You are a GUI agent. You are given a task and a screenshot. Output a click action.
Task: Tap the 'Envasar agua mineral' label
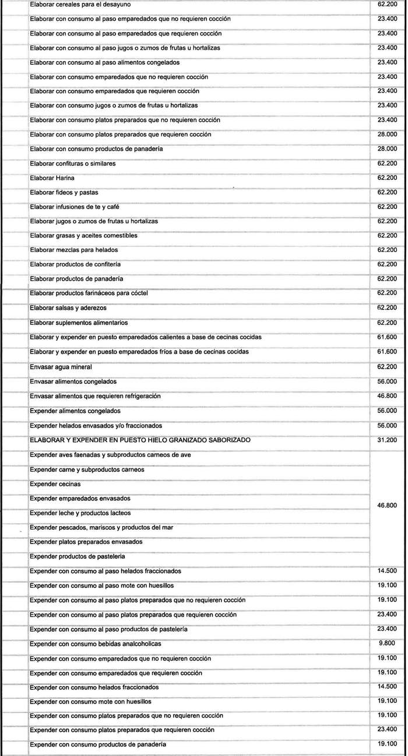point(61,367)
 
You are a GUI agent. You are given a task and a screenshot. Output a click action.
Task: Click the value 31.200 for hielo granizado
point(388,440)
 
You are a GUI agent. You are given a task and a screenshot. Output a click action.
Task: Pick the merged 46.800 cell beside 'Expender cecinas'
point(388,505)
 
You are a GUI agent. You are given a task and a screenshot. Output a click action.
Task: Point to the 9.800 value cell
point(388,643)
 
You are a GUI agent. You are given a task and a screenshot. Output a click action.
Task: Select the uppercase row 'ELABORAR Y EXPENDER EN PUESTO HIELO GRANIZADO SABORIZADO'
point(140,440)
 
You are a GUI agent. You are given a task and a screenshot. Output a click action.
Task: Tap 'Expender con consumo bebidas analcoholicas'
point(95,643)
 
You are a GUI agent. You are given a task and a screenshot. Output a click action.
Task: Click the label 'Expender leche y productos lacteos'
point(80,513)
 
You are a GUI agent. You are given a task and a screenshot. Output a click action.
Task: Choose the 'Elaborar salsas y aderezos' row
point(68,308)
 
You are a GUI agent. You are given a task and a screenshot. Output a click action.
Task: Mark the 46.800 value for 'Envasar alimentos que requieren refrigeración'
point(388,396)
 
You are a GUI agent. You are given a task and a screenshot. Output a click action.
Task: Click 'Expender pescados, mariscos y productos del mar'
point(100,527)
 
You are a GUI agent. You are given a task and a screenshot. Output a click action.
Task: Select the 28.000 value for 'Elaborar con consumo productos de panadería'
point(388,149)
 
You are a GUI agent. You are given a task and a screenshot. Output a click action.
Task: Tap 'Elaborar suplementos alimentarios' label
point(78,323)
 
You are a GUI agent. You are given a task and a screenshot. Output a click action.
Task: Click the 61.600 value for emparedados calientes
point(388,337)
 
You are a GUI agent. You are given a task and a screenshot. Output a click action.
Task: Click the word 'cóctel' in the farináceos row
point(139,293)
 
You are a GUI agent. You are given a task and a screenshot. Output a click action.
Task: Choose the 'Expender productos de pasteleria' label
point(78,556)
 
